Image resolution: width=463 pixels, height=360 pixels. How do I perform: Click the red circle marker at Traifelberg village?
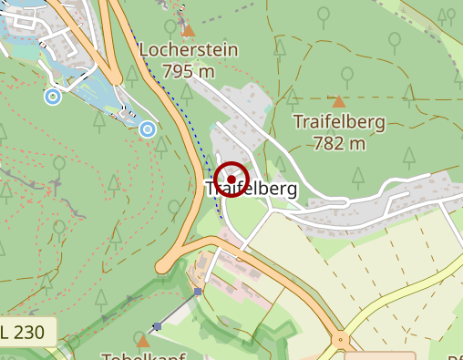232,180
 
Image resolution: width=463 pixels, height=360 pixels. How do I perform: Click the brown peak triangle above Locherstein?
189,31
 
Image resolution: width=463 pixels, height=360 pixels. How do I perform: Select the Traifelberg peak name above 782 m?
339,121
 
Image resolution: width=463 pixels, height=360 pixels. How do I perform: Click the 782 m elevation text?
339,142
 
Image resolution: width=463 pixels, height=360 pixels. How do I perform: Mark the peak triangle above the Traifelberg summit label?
339,102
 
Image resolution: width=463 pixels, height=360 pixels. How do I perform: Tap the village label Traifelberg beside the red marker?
252,190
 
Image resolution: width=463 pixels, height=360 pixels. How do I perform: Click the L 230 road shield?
27,332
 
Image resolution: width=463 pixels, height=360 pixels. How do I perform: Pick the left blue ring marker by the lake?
53,96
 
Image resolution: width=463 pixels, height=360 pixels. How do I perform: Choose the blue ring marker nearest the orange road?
148,130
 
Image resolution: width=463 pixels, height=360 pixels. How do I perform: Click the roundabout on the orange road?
341,340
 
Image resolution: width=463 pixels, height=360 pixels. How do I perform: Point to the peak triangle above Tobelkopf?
143,341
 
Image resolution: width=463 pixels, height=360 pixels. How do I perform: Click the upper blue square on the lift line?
197,292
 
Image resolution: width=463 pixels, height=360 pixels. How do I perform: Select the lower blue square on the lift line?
157,325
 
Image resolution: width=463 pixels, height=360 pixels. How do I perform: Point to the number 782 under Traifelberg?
328,142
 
